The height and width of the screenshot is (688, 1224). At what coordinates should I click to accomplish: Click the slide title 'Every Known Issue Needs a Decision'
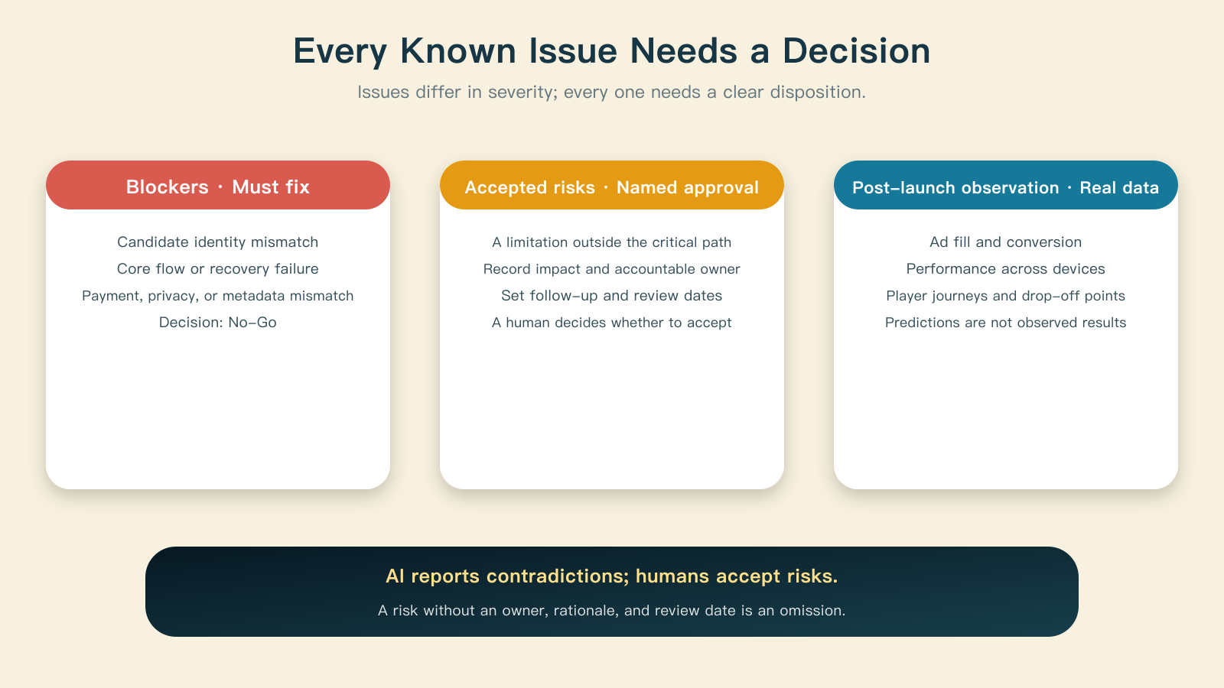pyautogui.click(x=611, y=50)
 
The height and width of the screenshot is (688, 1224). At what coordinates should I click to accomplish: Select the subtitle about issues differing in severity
pyautogui.click(x=611, y=92)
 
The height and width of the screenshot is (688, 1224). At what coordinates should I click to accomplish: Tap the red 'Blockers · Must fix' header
pyautogui.click(x=218, y=185)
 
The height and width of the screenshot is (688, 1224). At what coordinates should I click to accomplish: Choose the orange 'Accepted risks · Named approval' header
pyautogui.click(x=612, y=185)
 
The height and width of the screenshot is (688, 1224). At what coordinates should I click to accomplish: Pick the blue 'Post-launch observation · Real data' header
pyautogui.click(x=1006, y=185)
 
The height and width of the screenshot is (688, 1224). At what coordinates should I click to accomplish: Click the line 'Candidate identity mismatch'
pyautogui.click(x=218, y=242)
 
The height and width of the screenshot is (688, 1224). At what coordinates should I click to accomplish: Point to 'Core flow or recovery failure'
pyautogui.click(x=218, y=268)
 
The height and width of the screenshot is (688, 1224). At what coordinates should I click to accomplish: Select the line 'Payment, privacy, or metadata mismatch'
pyautogui.click(x=218, y=295)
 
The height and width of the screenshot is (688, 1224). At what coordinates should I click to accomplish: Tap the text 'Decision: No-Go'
pyautogui.click(x=218, y=322)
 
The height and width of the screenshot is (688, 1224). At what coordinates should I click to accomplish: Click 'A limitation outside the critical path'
pyautogui.click(x=612, y=242)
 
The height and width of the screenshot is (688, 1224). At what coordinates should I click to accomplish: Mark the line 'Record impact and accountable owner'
pyautogui.click(x=612, y=268)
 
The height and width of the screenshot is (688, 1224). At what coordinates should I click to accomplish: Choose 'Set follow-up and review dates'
pyautogui.click(x=612, y=295)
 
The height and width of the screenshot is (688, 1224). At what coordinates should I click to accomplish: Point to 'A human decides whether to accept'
pyautogui.click(x=612, y=322)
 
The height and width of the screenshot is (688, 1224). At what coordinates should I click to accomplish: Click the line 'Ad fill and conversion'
pyautogui.click(x=1006, y=242)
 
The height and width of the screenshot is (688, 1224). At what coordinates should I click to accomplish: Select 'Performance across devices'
pyautogui.click(x=1006, y=268)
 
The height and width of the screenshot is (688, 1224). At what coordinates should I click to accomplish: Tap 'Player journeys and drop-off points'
pyautogui.click(x=1006, y=295)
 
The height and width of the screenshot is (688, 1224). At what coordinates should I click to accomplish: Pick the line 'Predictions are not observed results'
pyautogui.click(x=1006, y=322)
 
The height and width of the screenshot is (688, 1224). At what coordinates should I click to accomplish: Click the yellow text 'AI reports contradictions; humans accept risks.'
pyautogui.click(x=612, y=576)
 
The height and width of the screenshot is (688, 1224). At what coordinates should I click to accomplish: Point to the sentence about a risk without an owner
pyautogui.click(x=612, y=610)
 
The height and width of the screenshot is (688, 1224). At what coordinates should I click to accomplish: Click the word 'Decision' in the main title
pyautogui.click(x=856, y=50)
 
